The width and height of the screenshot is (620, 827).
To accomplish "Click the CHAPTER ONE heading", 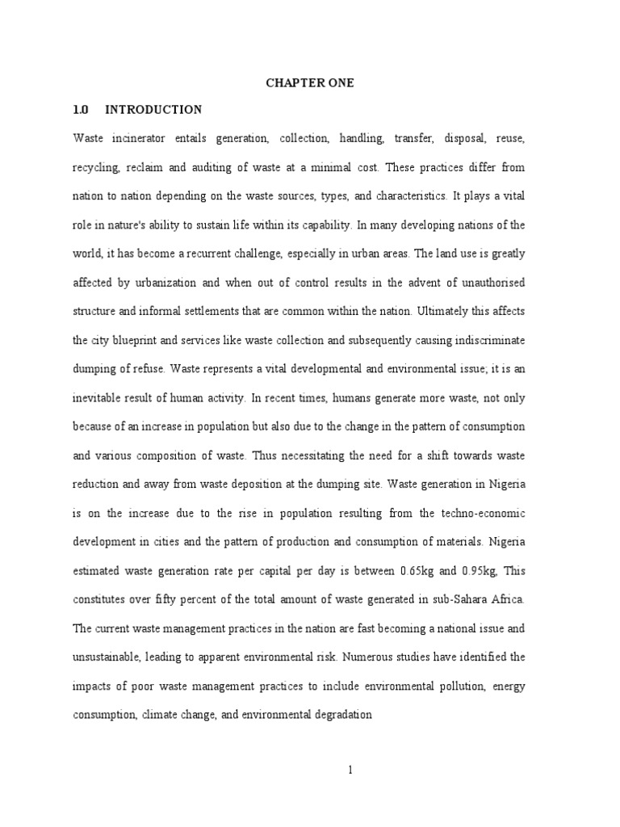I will tap(310, 83).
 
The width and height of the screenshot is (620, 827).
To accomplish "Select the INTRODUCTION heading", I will tap(153, 110).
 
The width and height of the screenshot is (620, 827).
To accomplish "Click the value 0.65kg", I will tap(420, 571).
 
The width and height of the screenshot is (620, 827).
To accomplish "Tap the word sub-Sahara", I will tap(469, 599).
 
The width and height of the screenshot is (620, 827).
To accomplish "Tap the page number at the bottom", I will tap(350, 770).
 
